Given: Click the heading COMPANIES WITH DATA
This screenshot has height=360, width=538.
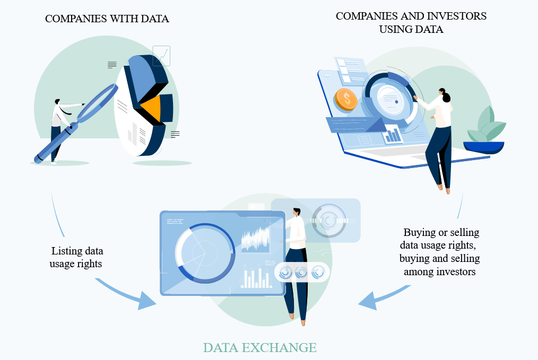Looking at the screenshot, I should [x=107, y=19].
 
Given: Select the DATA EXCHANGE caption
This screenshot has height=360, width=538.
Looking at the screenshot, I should [x=259, y=348].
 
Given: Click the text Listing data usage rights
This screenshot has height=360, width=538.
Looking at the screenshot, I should [x=77, y=257].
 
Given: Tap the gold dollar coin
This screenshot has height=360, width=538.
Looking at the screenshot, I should [x=346, y=99].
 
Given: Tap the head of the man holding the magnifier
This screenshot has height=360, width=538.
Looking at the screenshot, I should [x=57, y=102].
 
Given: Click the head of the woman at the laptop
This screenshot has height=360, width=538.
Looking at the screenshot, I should [x=445, y=95].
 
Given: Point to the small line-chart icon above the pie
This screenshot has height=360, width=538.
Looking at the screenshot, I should [x=161, y=56].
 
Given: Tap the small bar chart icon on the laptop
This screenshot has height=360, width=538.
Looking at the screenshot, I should [x=393, y=135].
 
